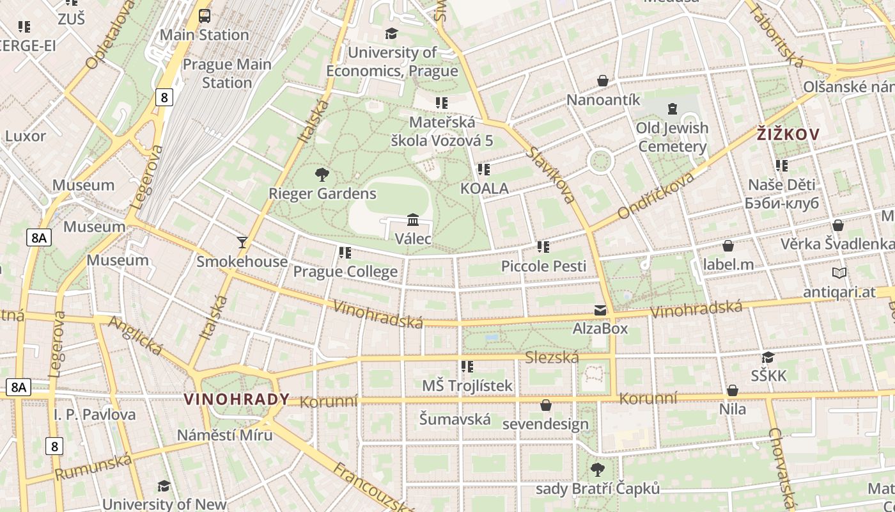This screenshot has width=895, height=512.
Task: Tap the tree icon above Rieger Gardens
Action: [x=322, y=174]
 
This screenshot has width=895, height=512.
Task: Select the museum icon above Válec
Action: [x=413, y=220]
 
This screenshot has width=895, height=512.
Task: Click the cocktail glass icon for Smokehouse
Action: [x=242, y=242]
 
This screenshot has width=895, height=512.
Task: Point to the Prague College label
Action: [x=345, y=272]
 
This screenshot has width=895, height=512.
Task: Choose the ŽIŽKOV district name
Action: [x=788, y=134]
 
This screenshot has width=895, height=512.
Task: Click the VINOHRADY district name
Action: [x=237, y=399]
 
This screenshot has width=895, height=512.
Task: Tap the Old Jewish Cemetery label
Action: [x=672, y=137]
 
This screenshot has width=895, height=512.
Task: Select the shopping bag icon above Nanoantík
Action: [x=602, y=81]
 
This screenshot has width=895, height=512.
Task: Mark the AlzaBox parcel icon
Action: [x=600, y=310]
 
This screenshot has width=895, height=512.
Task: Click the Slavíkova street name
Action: [x=551, y=174]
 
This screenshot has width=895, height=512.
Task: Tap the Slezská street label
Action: [x=552, y=358]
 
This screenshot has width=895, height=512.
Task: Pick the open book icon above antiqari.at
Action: [x=839, y=273]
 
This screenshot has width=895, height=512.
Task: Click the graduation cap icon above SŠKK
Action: [x=768, y=357]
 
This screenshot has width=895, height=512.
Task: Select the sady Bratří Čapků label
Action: [x=597, y=489]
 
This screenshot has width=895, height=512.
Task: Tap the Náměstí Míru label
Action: [x=224, y=435]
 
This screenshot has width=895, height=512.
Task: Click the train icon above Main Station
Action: [x=205, y=16]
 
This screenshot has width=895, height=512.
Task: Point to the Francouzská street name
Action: [x=374, y=488]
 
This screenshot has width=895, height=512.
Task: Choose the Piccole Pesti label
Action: [x=543, y=266]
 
